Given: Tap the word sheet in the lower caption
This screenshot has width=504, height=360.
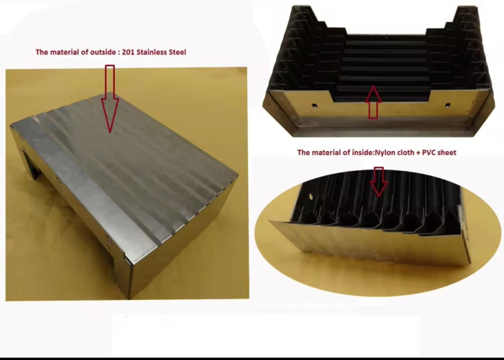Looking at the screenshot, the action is point(447,152).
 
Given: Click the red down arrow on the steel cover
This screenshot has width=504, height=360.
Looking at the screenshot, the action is point(110,99).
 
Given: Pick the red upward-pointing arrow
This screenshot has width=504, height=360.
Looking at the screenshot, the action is point(373,102).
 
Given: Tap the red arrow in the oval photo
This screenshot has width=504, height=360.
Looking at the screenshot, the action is point(379,181).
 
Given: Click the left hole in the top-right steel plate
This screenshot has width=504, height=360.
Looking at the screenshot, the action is point(315,105).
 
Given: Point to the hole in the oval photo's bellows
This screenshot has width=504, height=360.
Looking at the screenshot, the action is point(311,196).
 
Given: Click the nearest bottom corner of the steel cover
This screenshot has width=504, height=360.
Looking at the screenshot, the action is point(129,299).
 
